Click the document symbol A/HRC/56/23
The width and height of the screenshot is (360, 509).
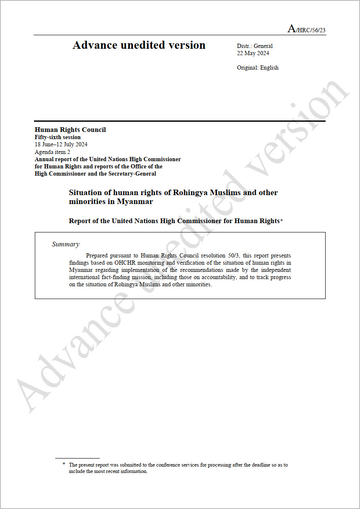coord(307,29)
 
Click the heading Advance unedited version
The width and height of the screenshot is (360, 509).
coord(139,45)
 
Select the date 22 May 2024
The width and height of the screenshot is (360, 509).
coord(253,53)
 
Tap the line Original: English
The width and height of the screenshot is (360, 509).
coord(258,67)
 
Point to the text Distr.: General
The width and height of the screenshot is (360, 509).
coord(255,46)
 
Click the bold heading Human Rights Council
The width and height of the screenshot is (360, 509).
coord(70,130)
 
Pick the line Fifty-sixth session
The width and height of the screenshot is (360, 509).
coord(57,137)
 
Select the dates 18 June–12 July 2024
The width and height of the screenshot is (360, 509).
coord(61,144)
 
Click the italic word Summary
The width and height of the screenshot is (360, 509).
coord(65,244)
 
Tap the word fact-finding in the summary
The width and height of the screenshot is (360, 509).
coord(117,277)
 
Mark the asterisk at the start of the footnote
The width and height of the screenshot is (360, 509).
coord(64,464)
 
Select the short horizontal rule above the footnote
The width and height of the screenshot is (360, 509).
coord(77,458)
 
